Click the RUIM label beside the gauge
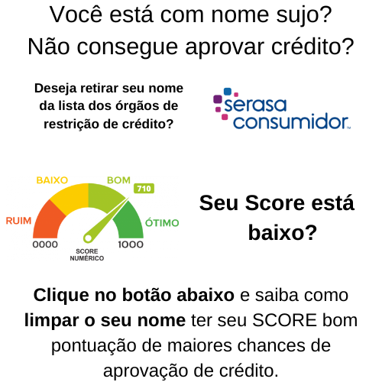(18, 221)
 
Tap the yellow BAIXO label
(52, 180)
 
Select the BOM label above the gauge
(118, 180)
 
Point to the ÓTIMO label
(162, 222)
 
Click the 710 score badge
(144, 189)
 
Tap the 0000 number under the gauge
(45, 244)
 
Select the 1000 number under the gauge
(131, 244)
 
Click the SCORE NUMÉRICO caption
(87, 254)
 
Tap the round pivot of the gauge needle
(88, 238)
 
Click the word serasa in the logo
(255, 105)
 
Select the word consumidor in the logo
(291, 121)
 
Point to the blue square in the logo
(228, 92)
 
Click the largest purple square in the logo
(218, 99)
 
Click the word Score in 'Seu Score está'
(275, 203)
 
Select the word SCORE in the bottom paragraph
(284, 320)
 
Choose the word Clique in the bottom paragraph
(62, 296)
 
